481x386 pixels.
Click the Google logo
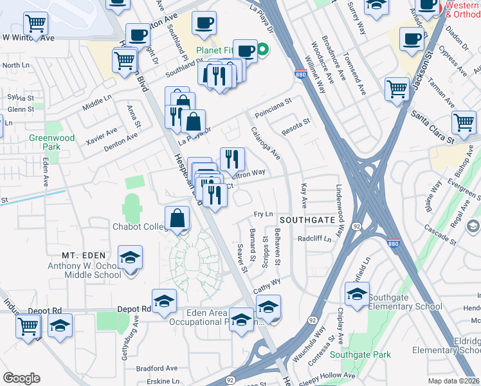pyautogui.click(x=21, y=378)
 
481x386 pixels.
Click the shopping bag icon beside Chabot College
pyautogui.click(x=177, y=219)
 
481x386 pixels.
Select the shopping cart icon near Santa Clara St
pyautogui.click(x=464, y=122)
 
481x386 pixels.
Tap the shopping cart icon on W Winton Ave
pyautogui.click(x=36, y=24)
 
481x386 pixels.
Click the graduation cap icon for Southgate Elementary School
pyautogui.click(x=357, y=295)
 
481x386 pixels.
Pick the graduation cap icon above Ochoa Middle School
pyautogui.click(x=131, y=259)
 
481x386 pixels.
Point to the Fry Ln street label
pyautogui.click(x=264, y=214)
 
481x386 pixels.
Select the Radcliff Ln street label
pyautogui.click(x=314, y=238)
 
